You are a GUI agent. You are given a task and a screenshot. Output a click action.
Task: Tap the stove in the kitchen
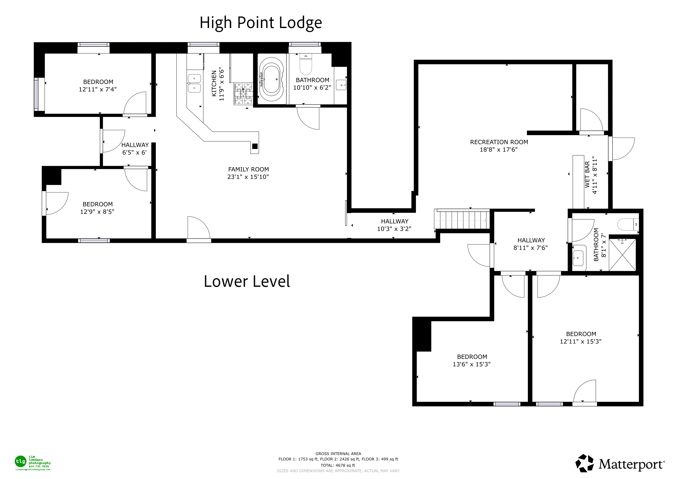pyautogui.click(x=244, y=94)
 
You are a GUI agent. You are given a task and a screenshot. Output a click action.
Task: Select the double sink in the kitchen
pyautogui.click(x=194, y=83)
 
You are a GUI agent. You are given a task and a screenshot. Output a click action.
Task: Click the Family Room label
pyautogui.click(x=248, y=169)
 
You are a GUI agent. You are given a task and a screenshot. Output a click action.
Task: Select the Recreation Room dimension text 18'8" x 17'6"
pyautogui.click(x=499, y=149)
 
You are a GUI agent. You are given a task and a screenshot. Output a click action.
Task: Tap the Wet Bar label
pyautogui.click(x=587, y=175)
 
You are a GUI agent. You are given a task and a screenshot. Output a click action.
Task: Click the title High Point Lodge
pyautogui.click(x=261, y=23)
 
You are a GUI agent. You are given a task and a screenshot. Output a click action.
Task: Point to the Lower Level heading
pyautogui.click(x=247, y=281)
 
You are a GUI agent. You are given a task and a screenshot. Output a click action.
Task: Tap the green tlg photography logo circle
pyautogui.click(x=20, y=461)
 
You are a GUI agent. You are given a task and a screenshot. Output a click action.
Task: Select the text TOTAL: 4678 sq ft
pyautogui.click(x=338, y=465)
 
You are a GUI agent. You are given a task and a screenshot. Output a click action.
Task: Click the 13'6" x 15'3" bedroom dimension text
pyautogui.click(x=472, y=364)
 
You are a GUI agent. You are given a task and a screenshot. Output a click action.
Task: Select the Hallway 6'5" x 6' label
pyautogui.click(x=135, y=145)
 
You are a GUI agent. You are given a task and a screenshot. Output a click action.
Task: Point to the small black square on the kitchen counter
pyautogui.click(x=255, y=146)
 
